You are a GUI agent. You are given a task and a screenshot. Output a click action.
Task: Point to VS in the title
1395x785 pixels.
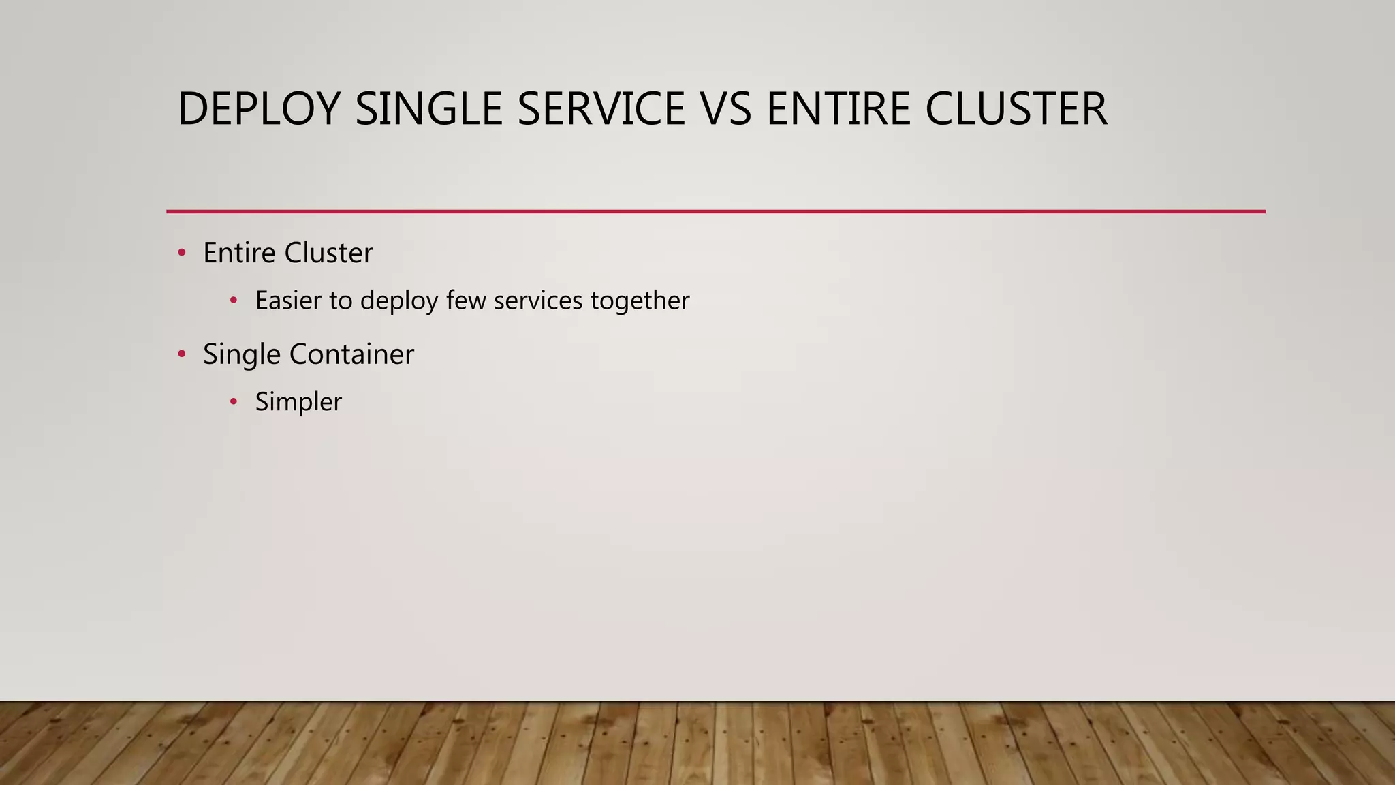(x=725, y=109)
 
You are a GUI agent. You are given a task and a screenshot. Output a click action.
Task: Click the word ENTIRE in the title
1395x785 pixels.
(x=838, y=109)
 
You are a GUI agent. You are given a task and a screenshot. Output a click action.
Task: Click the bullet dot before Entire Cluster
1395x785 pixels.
(x=181, y=253)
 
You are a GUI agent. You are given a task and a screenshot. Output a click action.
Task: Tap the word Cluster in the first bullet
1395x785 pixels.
(x=328, y=253)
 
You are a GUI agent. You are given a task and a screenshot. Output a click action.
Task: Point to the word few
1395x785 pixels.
(x=467, y=301)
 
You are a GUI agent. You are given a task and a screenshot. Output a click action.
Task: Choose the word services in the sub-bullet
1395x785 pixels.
(x=538, y=301)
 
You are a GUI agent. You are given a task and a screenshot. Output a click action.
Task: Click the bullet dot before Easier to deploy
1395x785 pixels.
(x=234, y=301)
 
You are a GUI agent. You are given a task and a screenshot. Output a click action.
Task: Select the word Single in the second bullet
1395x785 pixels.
(x=241, y=354)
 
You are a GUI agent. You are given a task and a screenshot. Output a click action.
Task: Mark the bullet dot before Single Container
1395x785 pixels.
(x=181, y=354)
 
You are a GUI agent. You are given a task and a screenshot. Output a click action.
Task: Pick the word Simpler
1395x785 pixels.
(x=298, y=402)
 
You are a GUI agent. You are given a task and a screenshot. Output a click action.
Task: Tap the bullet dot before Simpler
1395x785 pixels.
(x=234, y=402)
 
